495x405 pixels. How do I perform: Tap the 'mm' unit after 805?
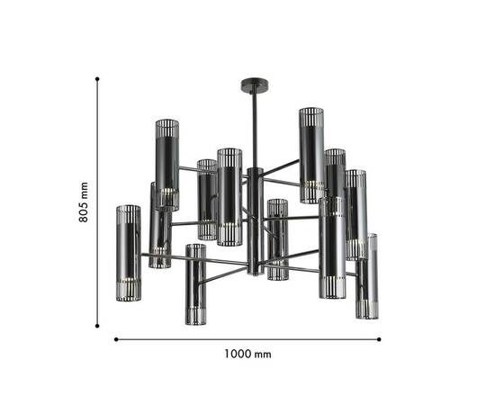[83, 190]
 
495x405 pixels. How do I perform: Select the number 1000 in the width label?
[238, 354]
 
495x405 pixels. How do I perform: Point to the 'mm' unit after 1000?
[262, 354]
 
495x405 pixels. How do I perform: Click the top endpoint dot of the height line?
[97, 79]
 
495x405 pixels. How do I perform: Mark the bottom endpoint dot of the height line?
[97, 323]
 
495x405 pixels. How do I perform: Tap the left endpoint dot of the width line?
[116, 339]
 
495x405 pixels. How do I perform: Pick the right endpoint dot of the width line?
[379, 339]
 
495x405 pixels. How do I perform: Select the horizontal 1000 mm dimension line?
[247, 339]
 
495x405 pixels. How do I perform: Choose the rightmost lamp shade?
[366, 275]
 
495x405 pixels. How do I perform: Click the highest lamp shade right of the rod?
[311, 155]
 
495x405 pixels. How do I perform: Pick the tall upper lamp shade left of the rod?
[167, 164]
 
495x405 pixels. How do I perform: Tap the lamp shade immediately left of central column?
[229, 196]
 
